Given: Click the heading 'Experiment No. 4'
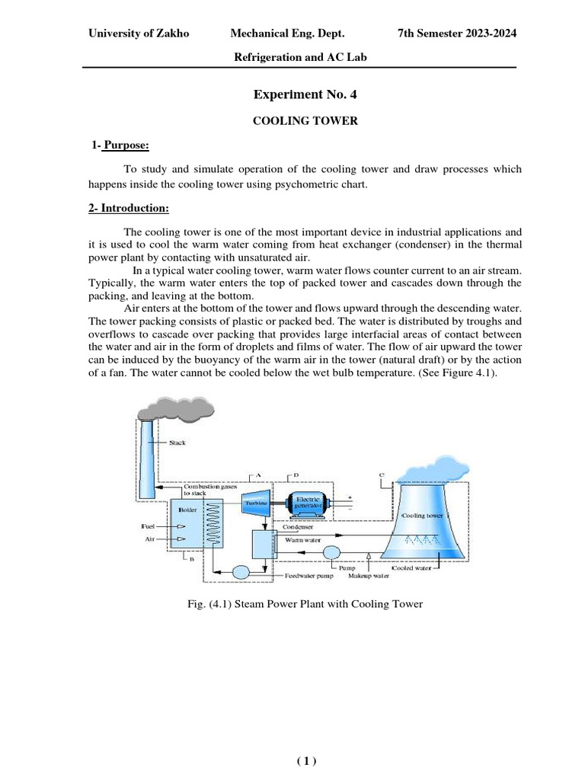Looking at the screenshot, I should pyautogui.click(x=304, y=95).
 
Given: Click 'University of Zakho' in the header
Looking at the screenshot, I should pyautogui.click(x=138, y=34).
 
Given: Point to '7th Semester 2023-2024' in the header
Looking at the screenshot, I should pyautogui.click(x=457, y=34).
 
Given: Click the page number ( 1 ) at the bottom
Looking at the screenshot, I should pyautogui.click(x=305, y=760).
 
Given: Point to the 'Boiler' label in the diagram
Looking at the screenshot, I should pyautogui.click(x=187, y=509).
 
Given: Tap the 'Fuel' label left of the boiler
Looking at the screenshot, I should pyautogui.click(x=149, y=526).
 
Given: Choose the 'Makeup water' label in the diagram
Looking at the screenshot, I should pyautogui.click(x=369, y=577).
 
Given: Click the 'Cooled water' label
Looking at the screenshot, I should pyautogui.click(x=412, y=567).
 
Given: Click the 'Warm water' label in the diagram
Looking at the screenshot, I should pyautogui.click(x=299, y=539).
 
